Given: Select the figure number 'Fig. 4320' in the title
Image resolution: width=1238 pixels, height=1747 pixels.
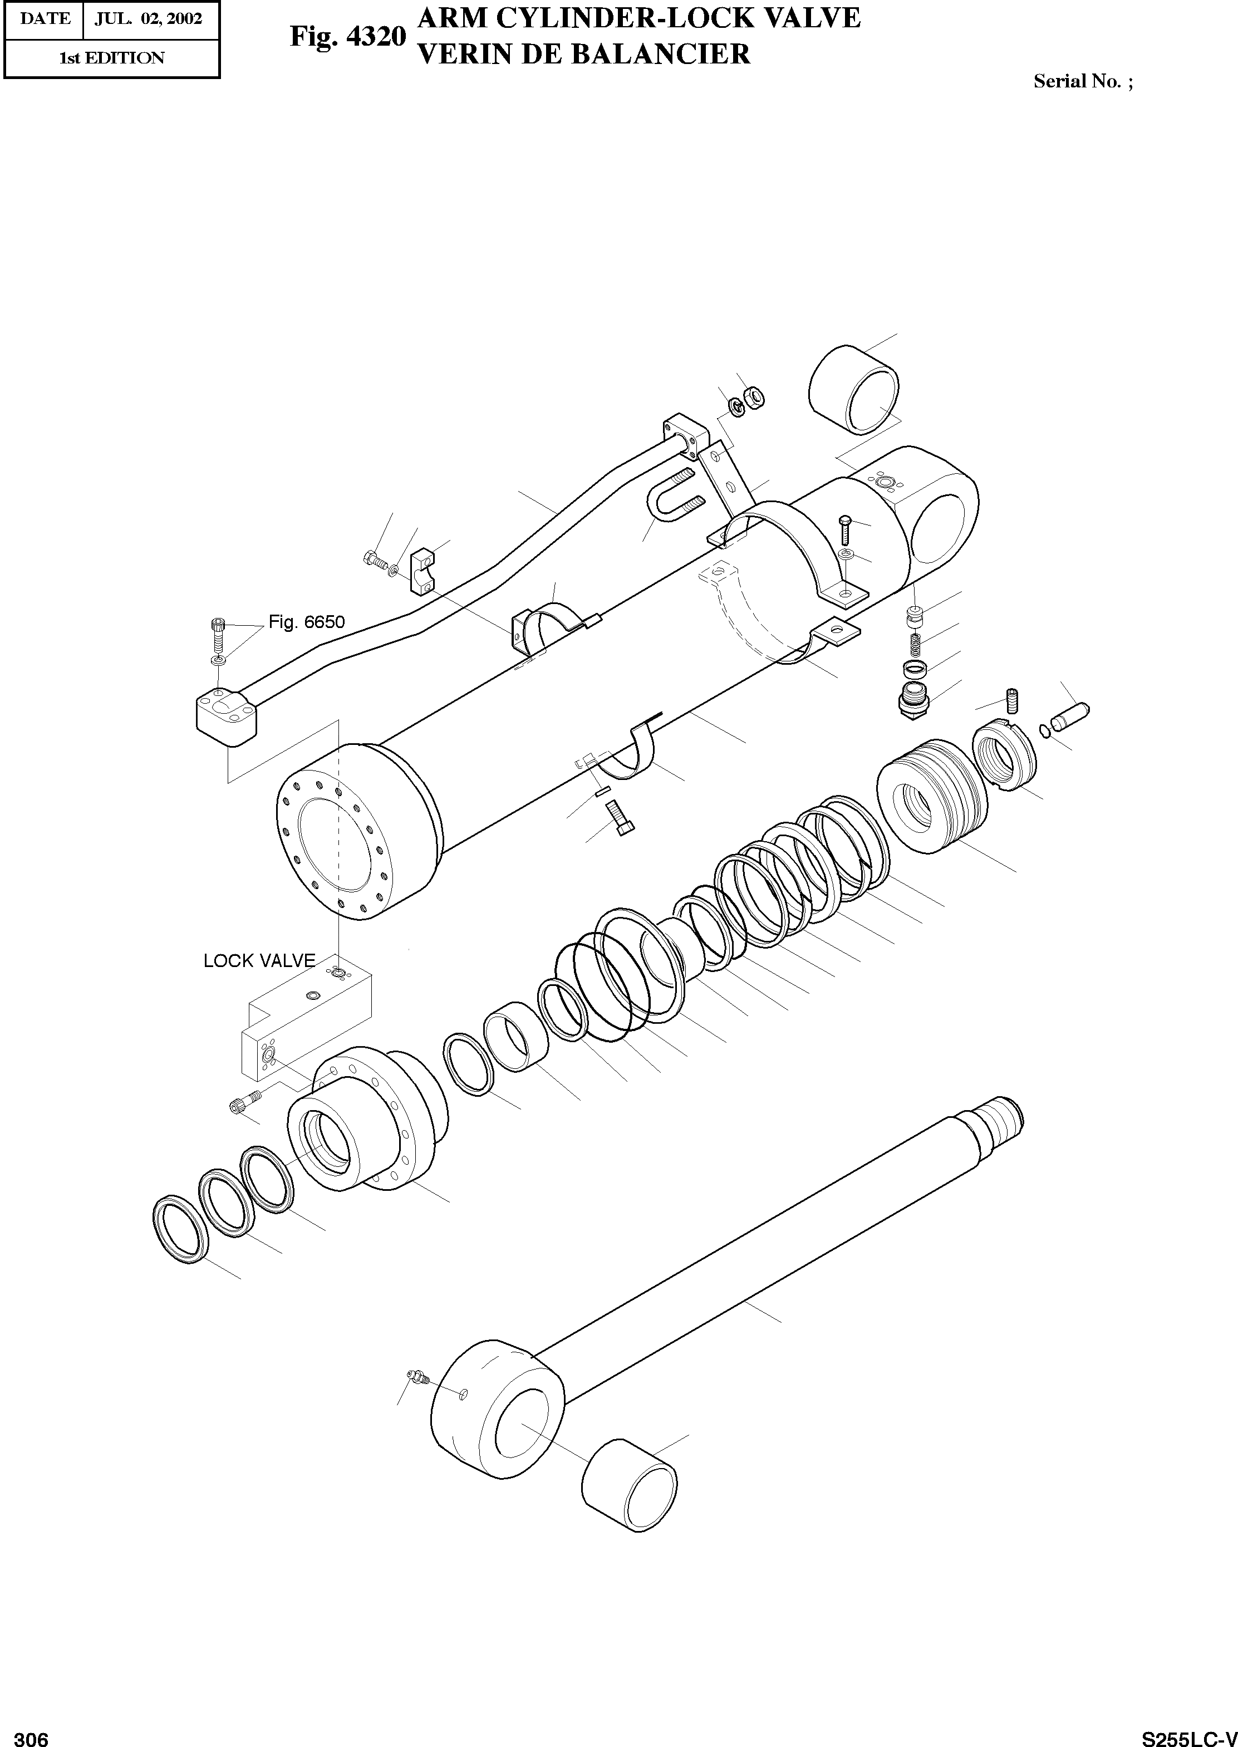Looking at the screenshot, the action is (347, 36).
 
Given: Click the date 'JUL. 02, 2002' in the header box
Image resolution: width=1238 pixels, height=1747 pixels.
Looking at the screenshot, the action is (149, 19).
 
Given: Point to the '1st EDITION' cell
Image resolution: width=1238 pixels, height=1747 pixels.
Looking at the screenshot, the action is (112, 58).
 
